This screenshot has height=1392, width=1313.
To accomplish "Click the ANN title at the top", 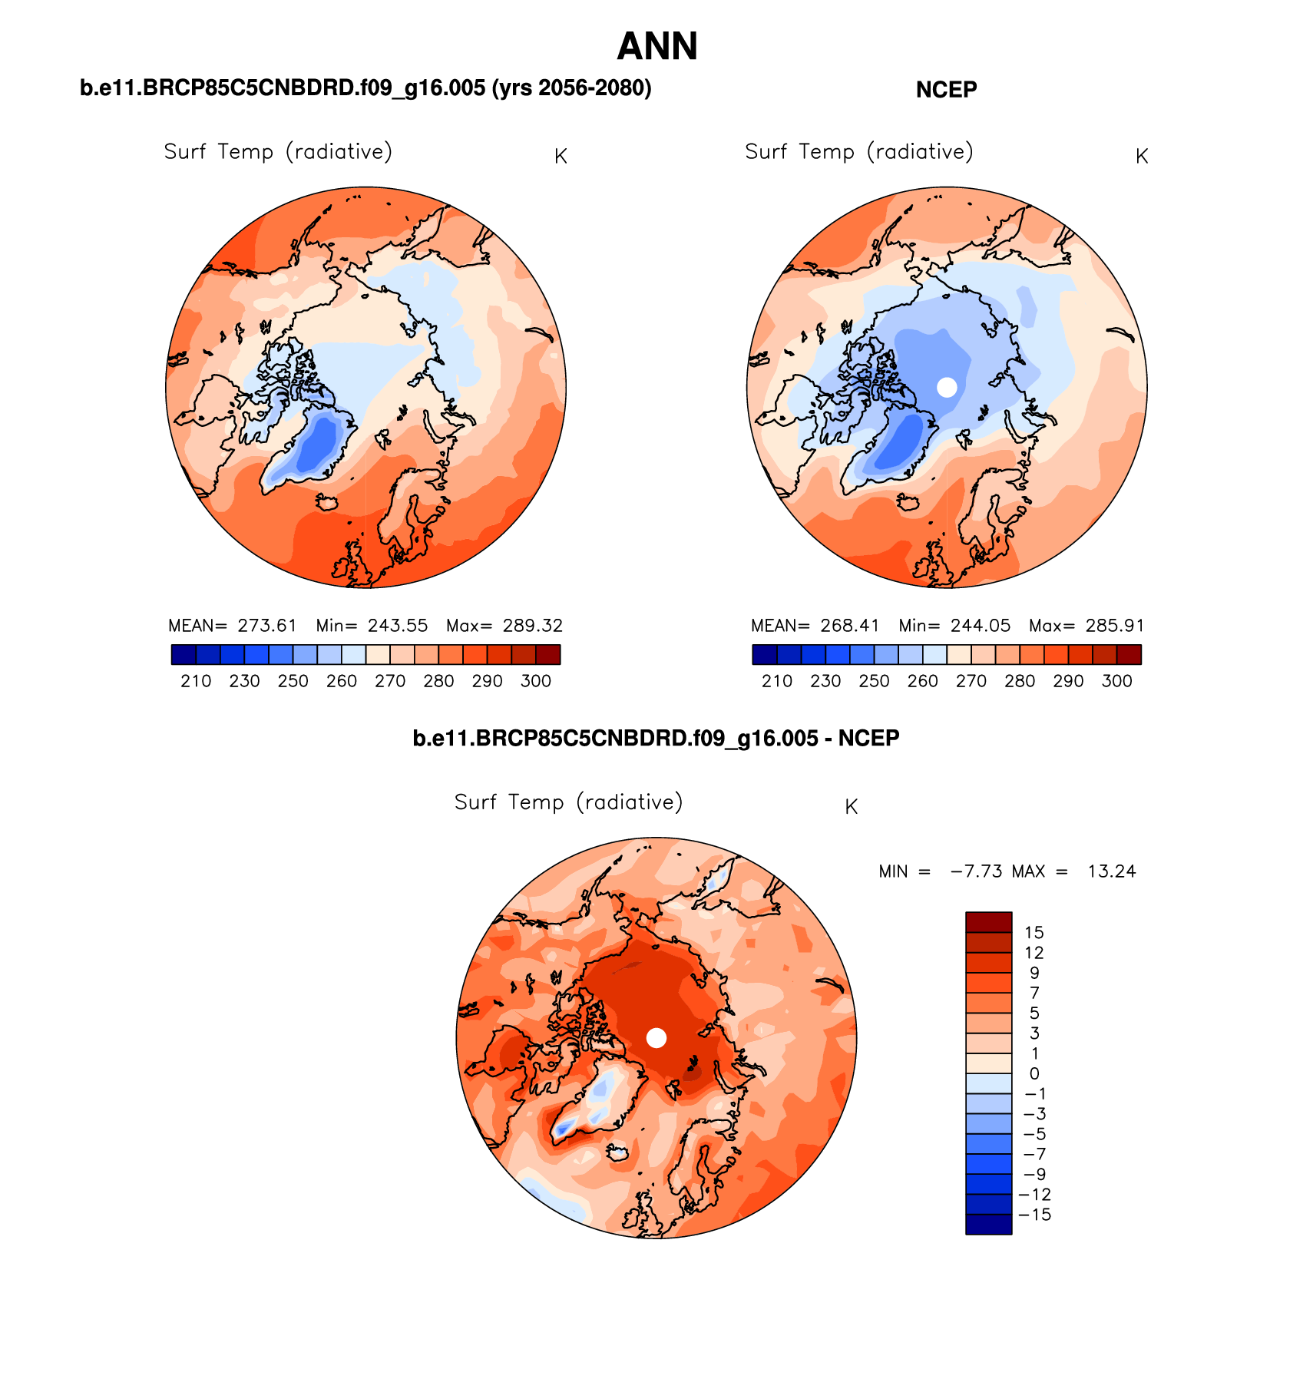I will point(657,47).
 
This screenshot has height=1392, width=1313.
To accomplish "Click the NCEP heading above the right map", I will point(946,90).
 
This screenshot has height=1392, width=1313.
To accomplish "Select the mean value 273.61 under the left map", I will point(266,626).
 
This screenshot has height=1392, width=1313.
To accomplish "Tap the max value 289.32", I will point(532,626).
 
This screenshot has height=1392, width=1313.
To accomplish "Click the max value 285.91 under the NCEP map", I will point(1115,626).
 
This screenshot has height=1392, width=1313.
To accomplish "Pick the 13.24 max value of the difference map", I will point(1111,871).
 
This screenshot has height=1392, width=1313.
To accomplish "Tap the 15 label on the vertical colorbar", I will point(1034,933).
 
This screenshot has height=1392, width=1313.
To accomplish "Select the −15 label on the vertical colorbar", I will point(1034,1215).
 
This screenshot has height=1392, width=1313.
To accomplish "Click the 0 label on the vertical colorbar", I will point(1034,1074).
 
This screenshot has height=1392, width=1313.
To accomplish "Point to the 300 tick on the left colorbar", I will point(536,681).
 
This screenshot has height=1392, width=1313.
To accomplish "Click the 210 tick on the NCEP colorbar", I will point(777,681).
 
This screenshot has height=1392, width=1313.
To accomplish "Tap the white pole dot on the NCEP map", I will point(947,387).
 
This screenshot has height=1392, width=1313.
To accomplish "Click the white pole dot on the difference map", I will point(656,1038).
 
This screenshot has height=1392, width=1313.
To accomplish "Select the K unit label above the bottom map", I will point(851,807).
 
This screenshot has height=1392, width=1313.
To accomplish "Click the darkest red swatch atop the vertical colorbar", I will point(988,922).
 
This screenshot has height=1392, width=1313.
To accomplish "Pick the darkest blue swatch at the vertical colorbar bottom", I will point(988,1225).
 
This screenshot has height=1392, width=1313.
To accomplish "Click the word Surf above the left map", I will point(185,152).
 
